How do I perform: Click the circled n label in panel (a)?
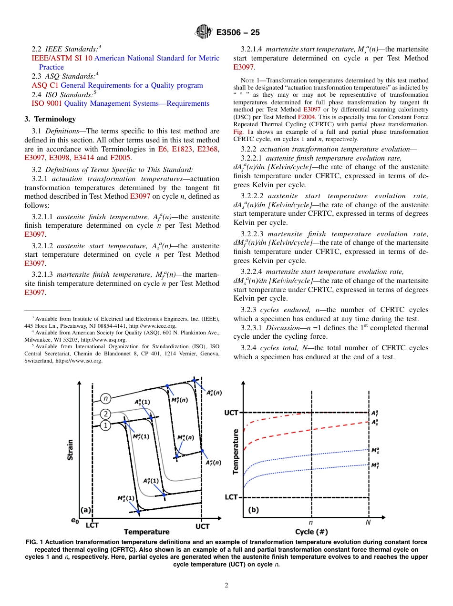click(105, 398)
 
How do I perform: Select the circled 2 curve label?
click(105, 414)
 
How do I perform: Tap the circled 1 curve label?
click(105, 425)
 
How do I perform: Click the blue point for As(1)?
click(151, 418)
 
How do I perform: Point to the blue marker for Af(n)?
click(202, 451)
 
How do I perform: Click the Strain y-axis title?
click(70, 449)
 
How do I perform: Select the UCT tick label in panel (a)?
click(202, 526)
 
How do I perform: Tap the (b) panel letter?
click(254, 510)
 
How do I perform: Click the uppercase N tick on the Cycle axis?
click(368, 523)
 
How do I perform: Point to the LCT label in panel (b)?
click(231, 497)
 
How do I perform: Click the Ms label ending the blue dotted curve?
click(375, 450)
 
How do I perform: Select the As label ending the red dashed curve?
click(375, 422)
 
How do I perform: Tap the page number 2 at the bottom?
click(226, 586)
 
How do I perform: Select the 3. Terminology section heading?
click(50, 119)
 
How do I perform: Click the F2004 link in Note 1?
click(306, 116)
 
